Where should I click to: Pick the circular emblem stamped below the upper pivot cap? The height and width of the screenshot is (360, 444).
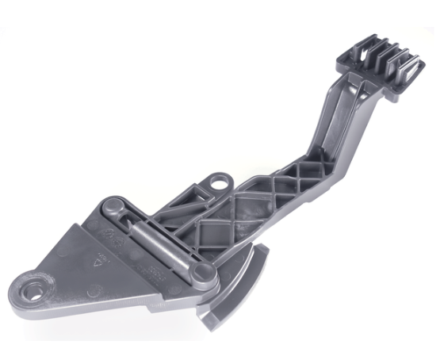(x=110, y=236)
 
